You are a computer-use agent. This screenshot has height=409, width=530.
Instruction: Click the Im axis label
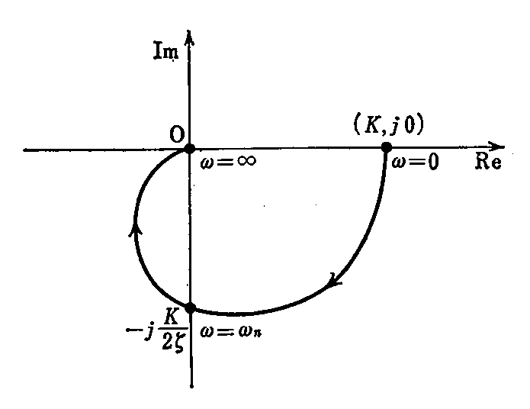pos(166,51)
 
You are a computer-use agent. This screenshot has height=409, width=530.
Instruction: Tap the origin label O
pos(177,135)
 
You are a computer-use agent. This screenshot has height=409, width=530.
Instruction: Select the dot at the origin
pos(189,148)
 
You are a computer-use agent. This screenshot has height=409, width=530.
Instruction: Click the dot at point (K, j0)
pos(387,147)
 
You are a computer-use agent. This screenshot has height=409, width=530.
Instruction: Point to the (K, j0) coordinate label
pos(388,124)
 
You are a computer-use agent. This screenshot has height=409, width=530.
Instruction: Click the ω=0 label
pos(415,162)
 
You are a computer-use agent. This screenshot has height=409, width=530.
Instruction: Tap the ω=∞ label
pos(228,161)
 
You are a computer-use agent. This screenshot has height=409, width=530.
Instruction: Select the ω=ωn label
pos(230,331)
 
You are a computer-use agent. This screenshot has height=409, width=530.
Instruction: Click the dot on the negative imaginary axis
pos(191,308)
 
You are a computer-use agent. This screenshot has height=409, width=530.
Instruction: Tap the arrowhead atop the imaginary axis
pos(189,37)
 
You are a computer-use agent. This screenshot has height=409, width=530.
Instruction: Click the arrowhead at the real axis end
pos(496,147)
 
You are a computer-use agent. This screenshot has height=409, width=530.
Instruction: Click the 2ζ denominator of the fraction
pos(172,342)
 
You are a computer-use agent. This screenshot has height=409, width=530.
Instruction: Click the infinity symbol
pos(246,160)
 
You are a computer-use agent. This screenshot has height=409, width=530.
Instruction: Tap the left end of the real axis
pos(24,150)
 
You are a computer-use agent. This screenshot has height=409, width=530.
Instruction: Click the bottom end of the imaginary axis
pos(191,386)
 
